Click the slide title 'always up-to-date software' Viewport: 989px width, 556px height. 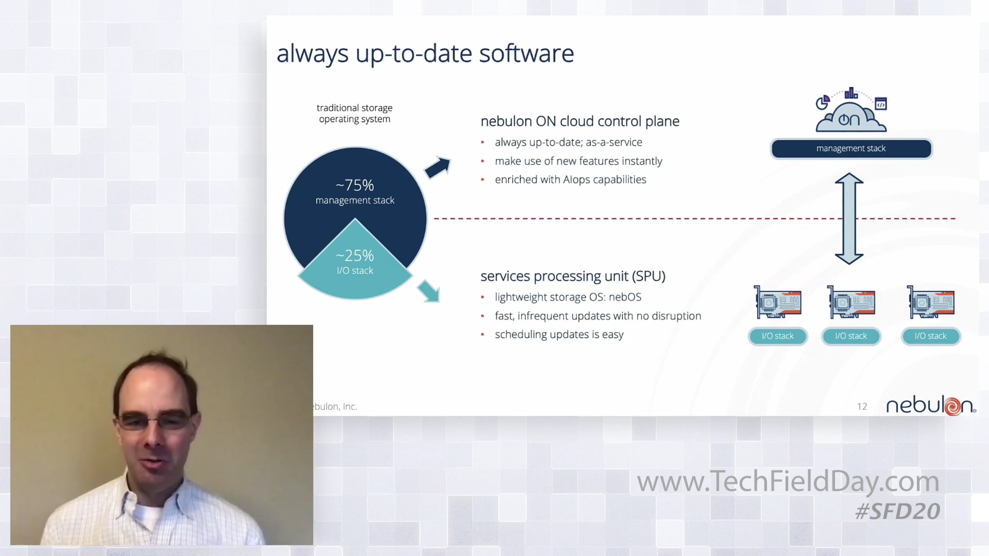pos(425,54)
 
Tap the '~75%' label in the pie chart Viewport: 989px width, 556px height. pos(355,185)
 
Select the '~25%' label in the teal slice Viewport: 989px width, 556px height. pos(355,256)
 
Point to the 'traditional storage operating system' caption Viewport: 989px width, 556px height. pos(354,113)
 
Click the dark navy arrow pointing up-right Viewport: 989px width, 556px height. pos(438,167)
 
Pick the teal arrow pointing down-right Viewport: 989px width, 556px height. pos(429,291)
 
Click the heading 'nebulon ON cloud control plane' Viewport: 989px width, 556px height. pos(580,121)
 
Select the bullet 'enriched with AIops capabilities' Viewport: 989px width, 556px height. pos(570,180)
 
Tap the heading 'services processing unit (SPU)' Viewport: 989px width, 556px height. pos(573,276)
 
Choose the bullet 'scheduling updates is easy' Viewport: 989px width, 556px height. pos(559,334)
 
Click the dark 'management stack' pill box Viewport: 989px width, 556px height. pos(851,149)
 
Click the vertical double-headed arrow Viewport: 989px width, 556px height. pos(849,219)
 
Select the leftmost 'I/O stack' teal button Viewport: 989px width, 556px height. pos(778,336)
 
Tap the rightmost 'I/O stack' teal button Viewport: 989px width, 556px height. pos(930,336)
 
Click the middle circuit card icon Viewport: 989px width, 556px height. pos(851,302)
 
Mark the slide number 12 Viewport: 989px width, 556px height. pos(862,406)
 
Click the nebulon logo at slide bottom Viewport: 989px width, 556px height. pos(931,406)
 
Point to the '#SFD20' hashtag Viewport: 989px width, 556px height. pos(898,512)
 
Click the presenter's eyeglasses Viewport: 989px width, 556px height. pos(155,422)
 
